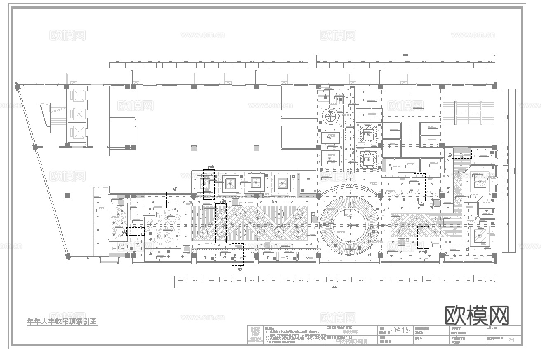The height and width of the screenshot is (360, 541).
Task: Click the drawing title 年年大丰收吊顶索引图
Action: pos(62,321)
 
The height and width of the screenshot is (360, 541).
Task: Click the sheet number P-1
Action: pos(512,339)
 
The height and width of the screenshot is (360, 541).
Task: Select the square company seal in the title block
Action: pos(255,334)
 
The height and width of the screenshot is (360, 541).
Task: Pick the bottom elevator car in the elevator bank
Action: pos(77,132)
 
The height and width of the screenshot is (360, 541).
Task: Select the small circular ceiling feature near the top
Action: pos(331,116)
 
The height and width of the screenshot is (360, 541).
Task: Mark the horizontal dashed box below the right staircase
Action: pos(461,154)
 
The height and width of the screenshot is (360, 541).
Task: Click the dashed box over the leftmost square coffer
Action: pos(209,184)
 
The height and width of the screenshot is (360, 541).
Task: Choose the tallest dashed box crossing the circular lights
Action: pos(221,223)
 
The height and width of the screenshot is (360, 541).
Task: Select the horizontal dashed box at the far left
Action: pos(135,231)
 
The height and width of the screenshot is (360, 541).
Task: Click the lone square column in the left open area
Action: pos(67,195)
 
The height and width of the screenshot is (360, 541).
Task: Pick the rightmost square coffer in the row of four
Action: pos(282,182)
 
